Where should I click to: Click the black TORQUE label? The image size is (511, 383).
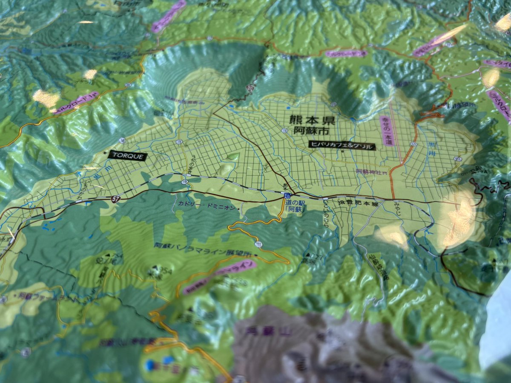[128, 156]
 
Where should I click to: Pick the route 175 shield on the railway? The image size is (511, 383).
[184, 182]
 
